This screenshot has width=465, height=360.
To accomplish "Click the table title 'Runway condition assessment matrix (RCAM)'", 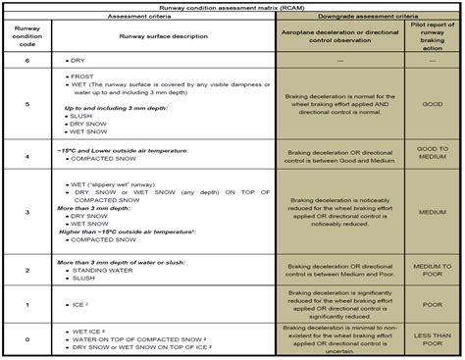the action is pyautogui.click(x=232, y=5).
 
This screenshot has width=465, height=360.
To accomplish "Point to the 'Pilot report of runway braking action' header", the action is pyautogui.click(x=433, y=36).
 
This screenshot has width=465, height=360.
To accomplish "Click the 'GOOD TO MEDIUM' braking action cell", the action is pyautogui.click(x=433, y=154).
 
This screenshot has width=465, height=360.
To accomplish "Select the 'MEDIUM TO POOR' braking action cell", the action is pyautogui.click(x=433, y=269).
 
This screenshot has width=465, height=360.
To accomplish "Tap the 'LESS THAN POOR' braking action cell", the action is pyautogui.click(x=433, y=338).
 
